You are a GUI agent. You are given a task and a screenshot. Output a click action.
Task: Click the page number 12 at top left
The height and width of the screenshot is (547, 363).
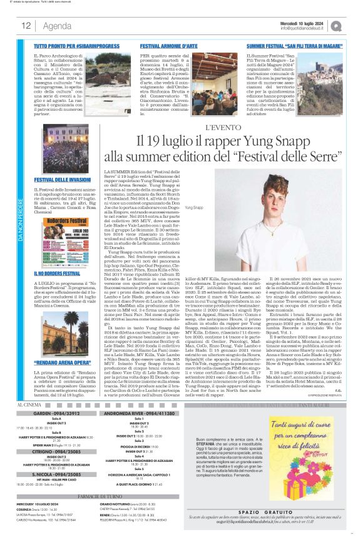(26, 26)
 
